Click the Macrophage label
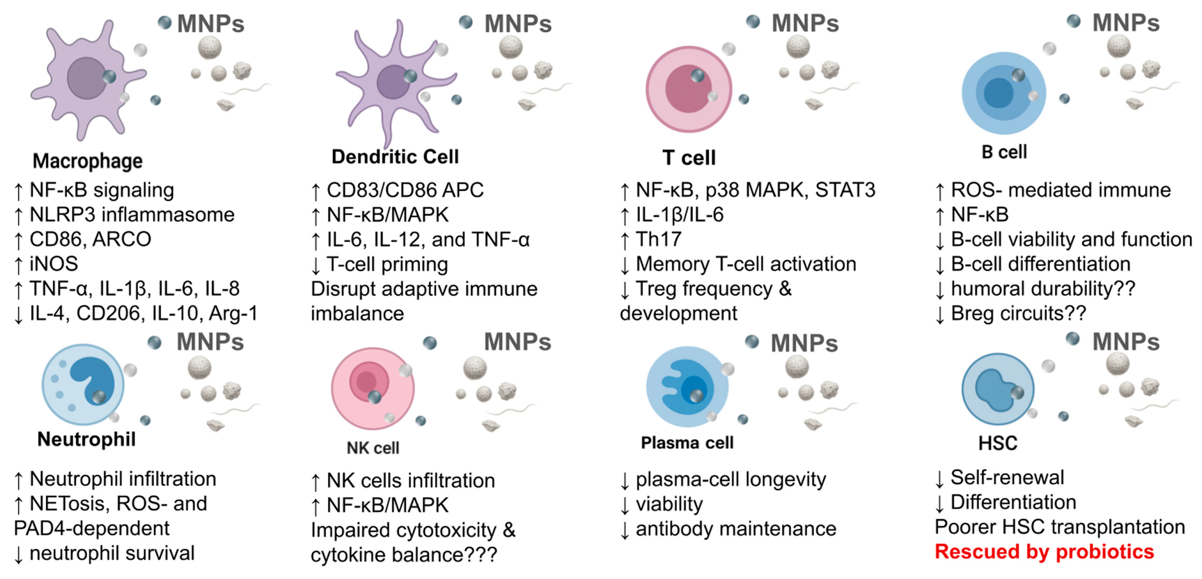click(87, 161)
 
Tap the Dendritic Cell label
click(395, 157)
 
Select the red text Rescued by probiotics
click(1044, 552)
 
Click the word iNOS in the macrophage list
click(54, 264)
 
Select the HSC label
click(998, 442)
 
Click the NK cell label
click(373, 448)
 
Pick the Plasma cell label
click(687, 442)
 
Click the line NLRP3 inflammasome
click(132, 215)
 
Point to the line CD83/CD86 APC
click(404, 190)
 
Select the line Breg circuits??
click(1018, 313)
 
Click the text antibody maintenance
click(735, 529)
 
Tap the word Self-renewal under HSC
click(1007, 478)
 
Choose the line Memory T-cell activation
click(745, 264)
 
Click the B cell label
click(1004, 152)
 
